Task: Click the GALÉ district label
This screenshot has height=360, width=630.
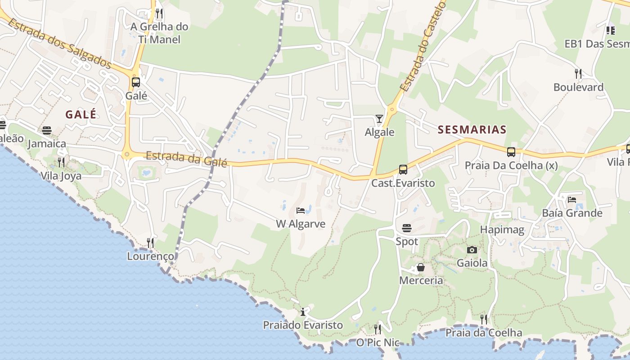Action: (x=81, y=114)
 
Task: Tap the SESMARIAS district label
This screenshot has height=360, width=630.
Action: (x=472, y=130)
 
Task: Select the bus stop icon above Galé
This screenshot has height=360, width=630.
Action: (x=135, y=82)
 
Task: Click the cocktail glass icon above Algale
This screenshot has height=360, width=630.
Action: (x=379, y=119)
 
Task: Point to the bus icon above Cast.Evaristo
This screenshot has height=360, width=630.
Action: (x=403, y=170)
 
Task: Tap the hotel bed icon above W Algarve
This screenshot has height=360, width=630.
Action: (x=301, y=211)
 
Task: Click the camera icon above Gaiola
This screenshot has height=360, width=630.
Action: (x=472, y=250)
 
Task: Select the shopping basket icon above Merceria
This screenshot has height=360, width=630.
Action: (x=421, y=268)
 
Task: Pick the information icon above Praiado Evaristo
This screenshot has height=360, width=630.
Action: (x=303, y=312)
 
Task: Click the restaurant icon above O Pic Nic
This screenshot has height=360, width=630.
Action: (x=378, y=329)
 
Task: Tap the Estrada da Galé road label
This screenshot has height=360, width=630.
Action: (x=186, y=159)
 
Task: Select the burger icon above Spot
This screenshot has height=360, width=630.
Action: (x=407, y=228)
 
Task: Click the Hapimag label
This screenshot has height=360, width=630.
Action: (x=502, y=230)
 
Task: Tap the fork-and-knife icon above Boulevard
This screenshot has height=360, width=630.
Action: (x=578, y=73)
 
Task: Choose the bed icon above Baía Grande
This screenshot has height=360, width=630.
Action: (x=572, y=199)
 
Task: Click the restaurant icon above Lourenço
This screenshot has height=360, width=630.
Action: (x=150, y=243)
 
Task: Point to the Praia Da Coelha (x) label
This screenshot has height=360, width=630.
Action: (x=511, y=166)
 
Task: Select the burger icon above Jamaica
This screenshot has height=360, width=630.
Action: (x=47, y=130)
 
